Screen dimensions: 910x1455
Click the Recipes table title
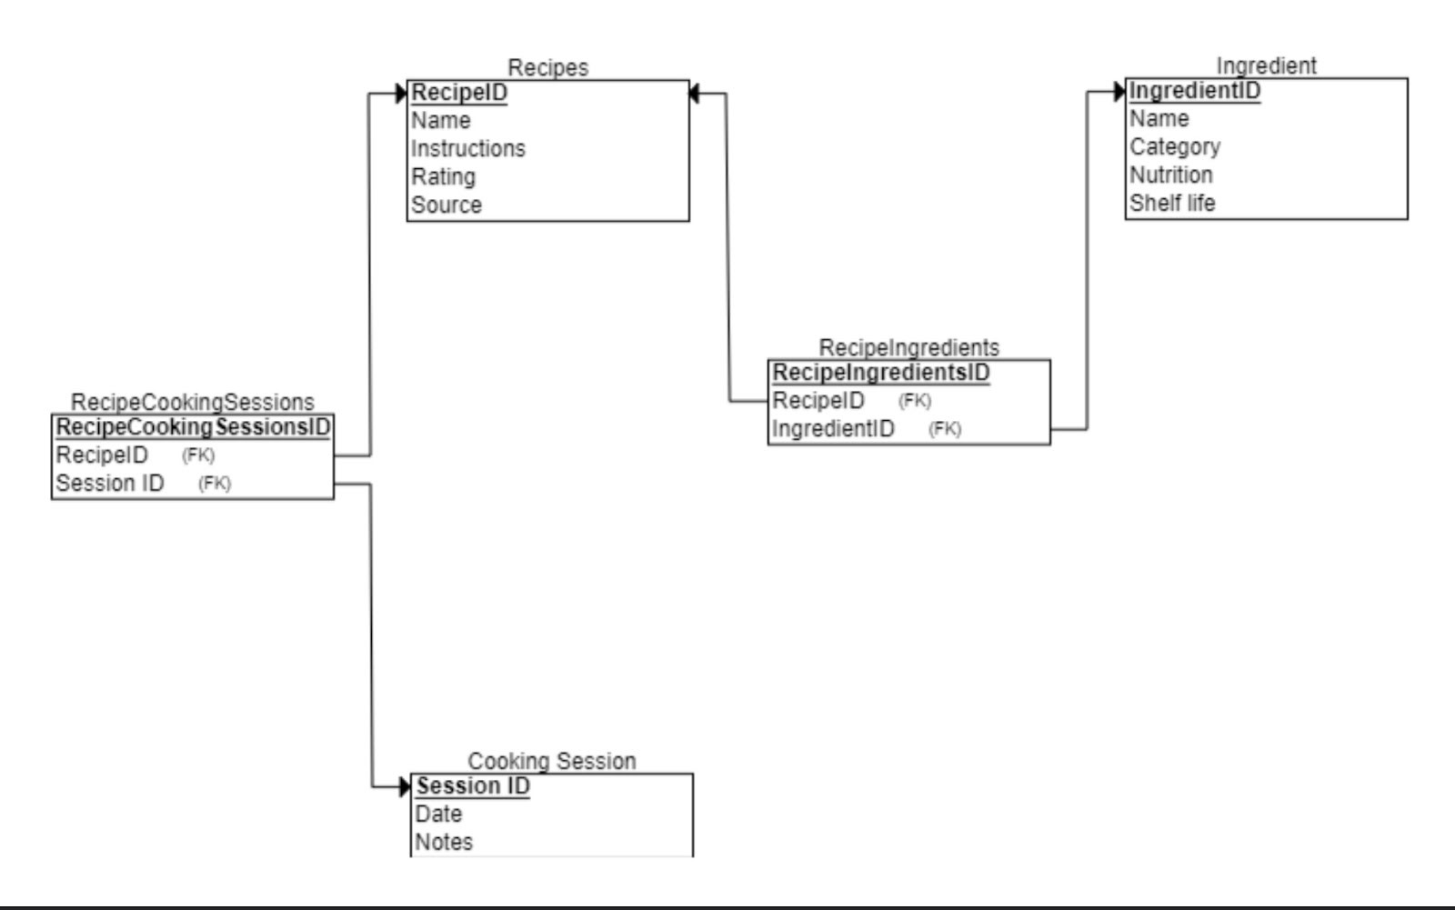(547, 67)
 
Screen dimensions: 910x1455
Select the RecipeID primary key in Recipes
(459, 93)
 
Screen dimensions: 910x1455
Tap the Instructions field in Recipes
(467, 148)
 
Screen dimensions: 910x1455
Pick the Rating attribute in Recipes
(443, 176)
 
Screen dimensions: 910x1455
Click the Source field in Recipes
(446, 205)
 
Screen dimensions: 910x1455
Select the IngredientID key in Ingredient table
(1194, 91)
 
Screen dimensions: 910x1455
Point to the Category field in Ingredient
(1174, 146)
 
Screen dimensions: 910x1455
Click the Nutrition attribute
(1170, 175)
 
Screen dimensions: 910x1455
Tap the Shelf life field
(1171, 203)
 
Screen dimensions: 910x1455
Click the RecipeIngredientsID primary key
(880, 373)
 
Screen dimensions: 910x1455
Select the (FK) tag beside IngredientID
(944, 428)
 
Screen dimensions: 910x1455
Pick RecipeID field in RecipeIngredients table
(818, 400)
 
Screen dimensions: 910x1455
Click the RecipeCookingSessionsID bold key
(193, 427)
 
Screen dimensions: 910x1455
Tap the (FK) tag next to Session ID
(215, 483)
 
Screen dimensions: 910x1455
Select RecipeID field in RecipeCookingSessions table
(101, 455)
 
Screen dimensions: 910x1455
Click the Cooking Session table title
(551, 761)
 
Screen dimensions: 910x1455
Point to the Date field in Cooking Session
(438, 814)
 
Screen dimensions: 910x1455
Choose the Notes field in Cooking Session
(444, 842)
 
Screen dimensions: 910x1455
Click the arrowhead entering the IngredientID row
(1119, 91)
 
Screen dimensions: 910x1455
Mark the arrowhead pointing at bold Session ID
(406, 786)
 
